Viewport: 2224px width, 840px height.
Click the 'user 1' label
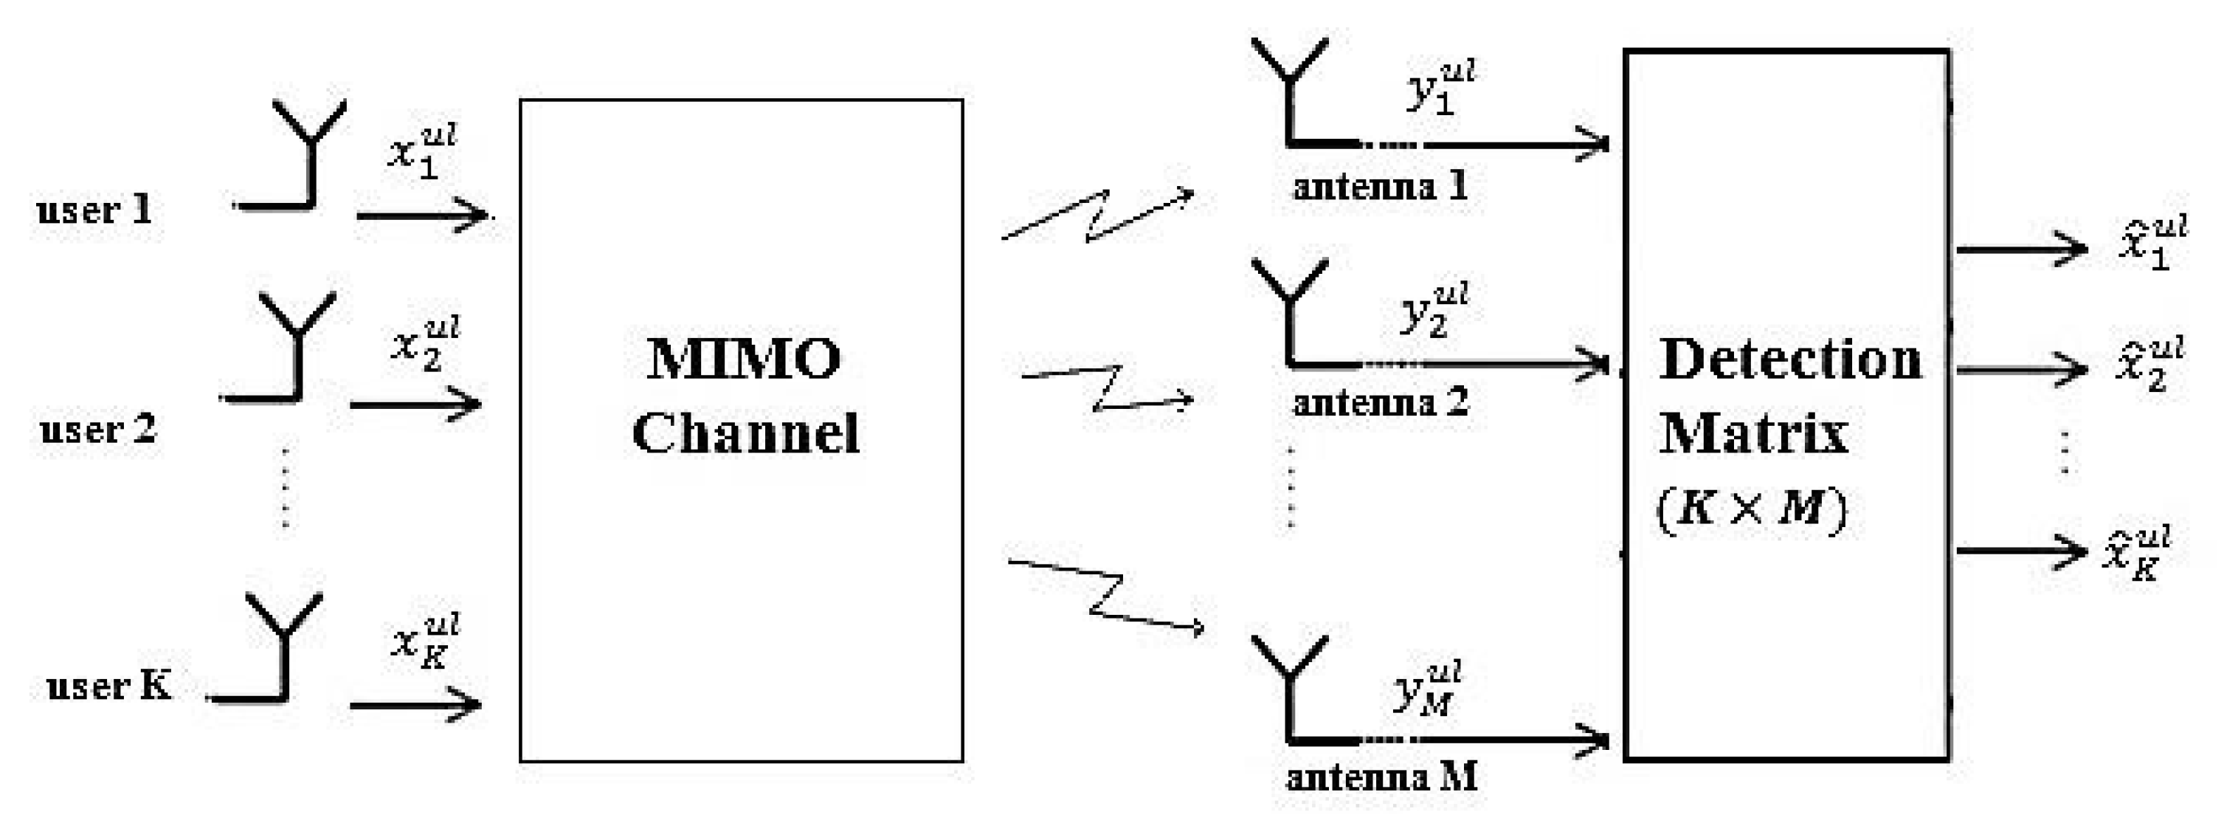click(x=94, y=210)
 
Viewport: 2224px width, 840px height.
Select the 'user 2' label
click(x=97, y=429)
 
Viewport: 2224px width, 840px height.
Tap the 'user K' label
click(x=108, y=686)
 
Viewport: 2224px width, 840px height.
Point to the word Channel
click(x=746, y=433)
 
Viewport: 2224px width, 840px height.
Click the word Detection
click(x=1789, y=359)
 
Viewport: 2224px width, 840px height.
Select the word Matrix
click(x=1752, y=433)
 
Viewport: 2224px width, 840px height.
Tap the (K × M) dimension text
click(x=1752, y=509)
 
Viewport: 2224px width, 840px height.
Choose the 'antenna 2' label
click(x=1381, y=402)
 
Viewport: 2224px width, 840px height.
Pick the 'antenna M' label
click(x=1381, y=777)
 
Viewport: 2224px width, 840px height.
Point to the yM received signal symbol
click(x=1427, y=689)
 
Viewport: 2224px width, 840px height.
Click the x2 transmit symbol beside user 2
click(x=426, y=342)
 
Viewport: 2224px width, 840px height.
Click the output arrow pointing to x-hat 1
click(x=2020, y=249)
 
